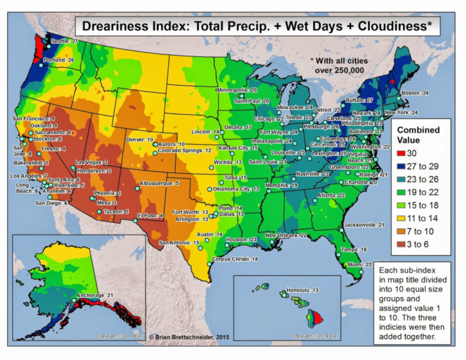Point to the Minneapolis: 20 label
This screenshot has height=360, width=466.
pos(236,90)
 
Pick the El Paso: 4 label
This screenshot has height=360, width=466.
pos(151,215)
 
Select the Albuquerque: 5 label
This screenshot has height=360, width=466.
pos(159,184)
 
